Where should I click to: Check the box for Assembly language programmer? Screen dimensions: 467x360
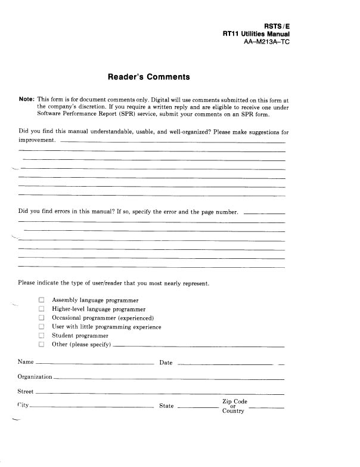coord(42,300)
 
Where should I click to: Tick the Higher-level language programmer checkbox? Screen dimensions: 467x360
coord(42,309)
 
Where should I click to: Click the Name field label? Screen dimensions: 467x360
coord(26,362)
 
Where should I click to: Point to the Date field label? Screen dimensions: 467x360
coord(166,363)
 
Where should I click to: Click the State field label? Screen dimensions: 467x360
coord(167,406)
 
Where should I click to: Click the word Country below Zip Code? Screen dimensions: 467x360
coord(233,412)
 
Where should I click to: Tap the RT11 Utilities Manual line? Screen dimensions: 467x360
coord(256,35)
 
